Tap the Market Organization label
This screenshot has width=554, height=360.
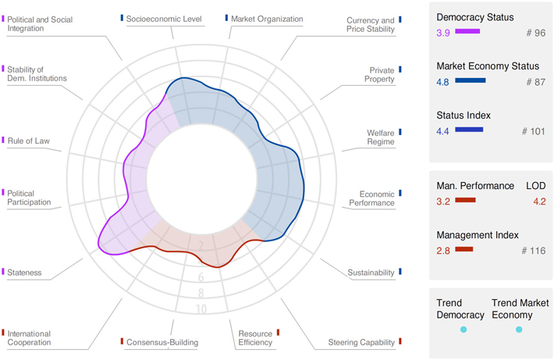pos(265,17)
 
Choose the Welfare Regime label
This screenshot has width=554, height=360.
pos(380,137)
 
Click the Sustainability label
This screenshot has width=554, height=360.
pos(371,273)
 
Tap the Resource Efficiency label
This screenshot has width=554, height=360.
pos(254,337)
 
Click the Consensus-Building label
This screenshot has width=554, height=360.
pos(162,342)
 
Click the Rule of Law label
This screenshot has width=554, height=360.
pos(29,141)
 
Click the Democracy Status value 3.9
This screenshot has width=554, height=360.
pos(443,32)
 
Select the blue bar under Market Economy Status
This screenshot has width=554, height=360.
pos(470,80)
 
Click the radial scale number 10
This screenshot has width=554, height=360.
pos(201,309)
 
